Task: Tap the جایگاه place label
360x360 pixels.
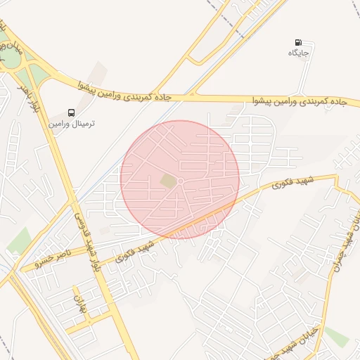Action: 300,53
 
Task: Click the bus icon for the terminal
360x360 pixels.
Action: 72,112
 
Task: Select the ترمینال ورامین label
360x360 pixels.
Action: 72,123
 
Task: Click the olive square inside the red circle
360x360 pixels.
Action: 168,181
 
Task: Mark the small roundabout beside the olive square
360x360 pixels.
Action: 180,182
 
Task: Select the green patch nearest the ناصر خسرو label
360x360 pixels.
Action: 19,241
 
